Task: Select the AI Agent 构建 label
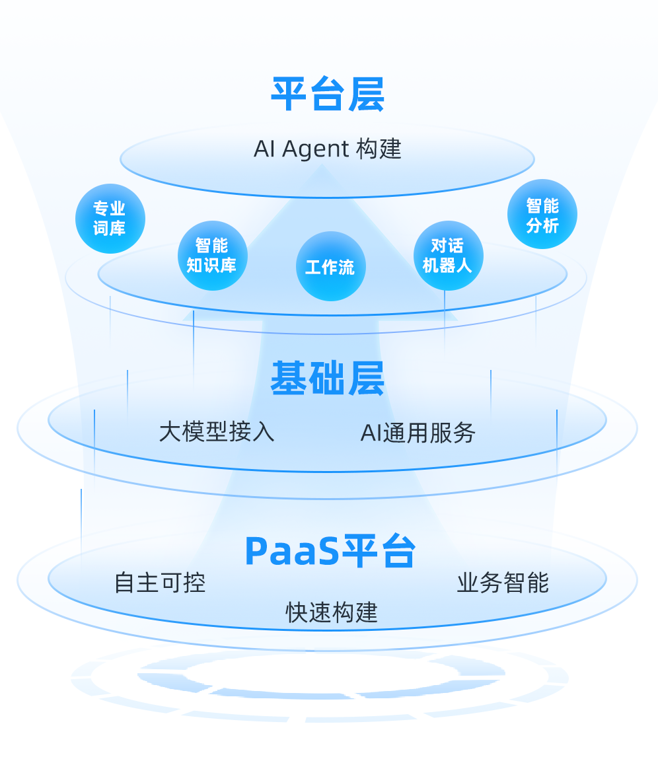tap(328, 149)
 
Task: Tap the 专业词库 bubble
tap(110, 219)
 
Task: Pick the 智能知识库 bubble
tap(212, 256)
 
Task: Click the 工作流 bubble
tap(330, 266)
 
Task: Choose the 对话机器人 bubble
tap(448, 256)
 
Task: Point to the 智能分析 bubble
tap(542, 215)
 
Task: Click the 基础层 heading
tap(328, 379)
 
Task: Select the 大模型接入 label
tap(217, 432)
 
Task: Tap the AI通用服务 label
tap(418, 433)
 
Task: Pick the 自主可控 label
tap(160, 583)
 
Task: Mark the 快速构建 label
tap(332, 612)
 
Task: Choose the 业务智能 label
tap(503, 583)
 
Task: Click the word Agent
tap(315, 150)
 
